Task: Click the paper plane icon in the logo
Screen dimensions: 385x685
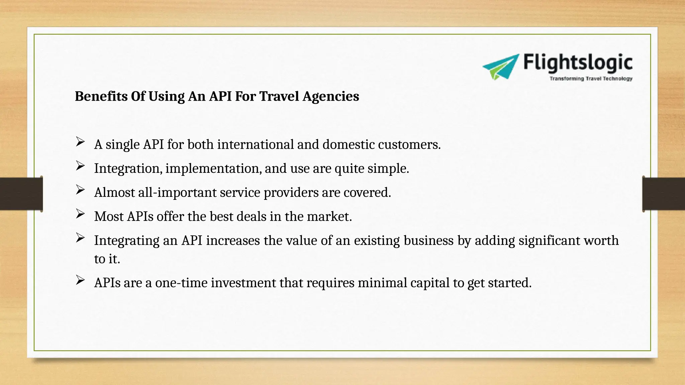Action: [x=501, y=67]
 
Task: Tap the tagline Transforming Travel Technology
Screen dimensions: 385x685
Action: [x=591, y=79]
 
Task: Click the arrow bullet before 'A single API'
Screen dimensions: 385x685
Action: [x=80, y=142]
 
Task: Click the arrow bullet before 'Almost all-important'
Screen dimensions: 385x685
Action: [x=80, y=190]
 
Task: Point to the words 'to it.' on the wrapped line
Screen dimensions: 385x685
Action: [x=107, y=259]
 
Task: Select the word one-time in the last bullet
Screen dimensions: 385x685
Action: [x=181, y=283]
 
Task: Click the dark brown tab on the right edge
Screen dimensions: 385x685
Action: [x=664, y=194]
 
